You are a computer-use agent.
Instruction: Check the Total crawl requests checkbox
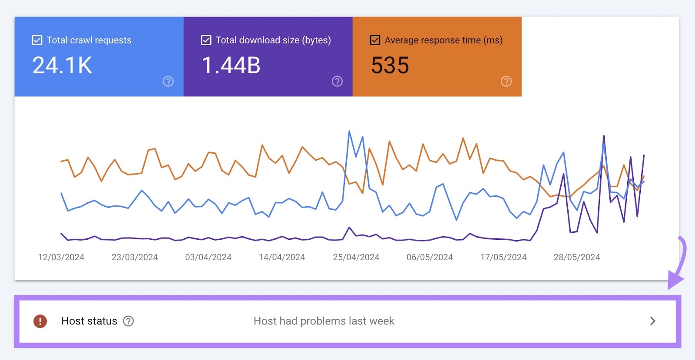pyautogui.click(x=37, y=40)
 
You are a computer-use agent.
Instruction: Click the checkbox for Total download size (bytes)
pyautogui.click(x=206, y=40)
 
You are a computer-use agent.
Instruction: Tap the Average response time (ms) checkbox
pyautogui.click(x=375, y=40)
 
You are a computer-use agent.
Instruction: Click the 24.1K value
pyautogui.click(x=62, y=66)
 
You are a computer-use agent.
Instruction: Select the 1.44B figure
pyautogui.click(x=231, y=66)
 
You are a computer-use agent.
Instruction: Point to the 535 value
pyautogui.click(x=390, y=66)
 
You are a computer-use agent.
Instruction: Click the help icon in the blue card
pyautogui.click(x=168, y=81)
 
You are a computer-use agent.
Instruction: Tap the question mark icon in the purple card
pyautogui.click(x=337, y=81)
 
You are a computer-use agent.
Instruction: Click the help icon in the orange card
pyautogui.click(x=506, y=81)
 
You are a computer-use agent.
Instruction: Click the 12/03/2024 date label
pyautogui.click(x=61, y=257)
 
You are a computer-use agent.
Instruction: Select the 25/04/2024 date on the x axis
pyautogui.click(x=356, y=257)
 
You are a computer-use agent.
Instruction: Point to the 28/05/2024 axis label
pyautogui.click(x=576, y=257)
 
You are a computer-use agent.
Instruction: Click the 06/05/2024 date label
pyautogui.click(x=430, y=257)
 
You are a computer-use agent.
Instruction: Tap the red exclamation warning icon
pyautogui.click(x=40, y=321)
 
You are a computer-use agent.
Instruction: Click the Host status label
pyautogui.click(x=89, y=321)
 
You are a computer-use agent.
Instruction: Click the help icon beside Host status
pyautogui.click(x=129, y=321)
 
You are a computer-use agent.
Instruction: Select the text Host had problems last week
pyautogui.click(x=324, y=321)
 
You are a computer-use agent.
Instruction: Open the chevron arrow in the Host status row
pyautogui.click(x=652, y=321)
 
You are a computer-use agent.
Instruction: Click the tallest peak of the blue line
pyautogui.click(x=349, y=131)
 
